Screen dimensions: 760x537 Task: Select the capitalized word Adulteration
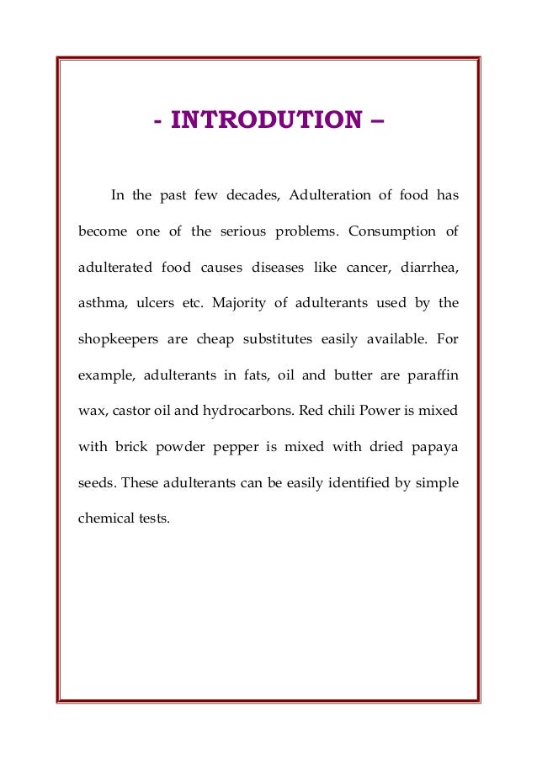click(330, 196)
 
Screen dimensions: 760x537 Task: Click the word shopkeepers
click(120, 339)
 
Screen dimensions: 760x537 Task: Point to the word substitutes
click(273, 339)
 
